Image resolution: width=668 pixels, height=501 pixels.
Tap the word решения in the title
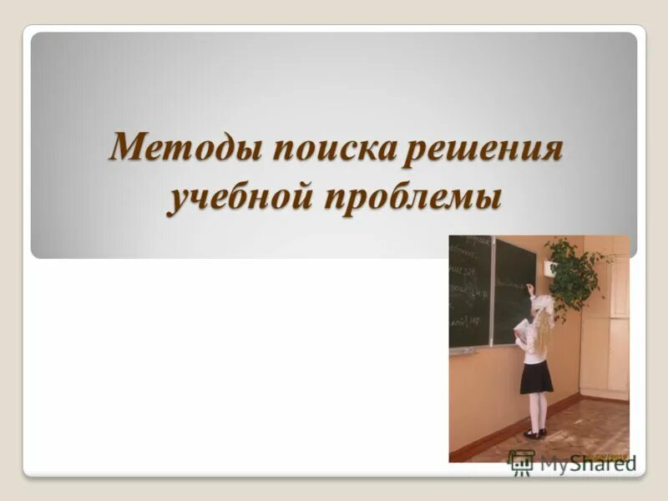point(483,151)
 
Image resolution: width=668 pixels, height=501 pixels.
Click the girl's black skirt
point(535,377)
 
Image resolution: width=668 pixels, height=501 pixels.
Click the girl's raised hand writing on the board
point(530,288)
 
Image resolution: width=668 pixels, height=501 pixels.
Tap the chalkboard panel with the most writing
point(470,292)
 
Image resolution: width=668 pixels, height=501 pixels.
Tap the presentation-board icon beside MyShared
point(522,463)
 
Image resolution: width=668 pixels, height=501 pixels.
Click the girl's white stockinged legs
point(537,411)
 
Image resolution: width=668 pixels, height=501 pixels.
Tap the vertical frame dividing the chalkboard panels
point(492,292)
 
